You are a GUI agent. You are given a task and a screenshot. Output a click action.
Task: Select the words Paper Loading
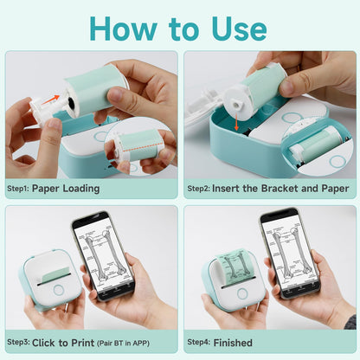[66, 188]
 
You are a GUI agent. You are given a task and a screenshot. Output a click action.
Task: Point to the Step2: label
[200, 188]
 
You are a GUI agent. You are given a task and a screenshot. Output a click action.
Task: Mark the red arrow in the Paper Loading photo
[53, 99]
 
